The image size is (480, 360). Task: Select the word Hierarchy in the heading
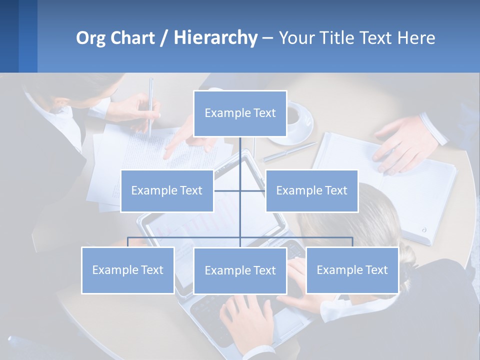coord(215,38)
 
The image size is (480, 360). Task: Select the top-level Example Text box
coord(240,113)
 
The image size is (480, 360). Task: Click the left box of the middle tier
coord(167,190)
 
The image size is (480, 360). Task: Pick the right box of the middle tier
coord(311,190)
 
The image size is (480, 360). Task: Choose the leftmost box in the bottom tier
coord(127,270)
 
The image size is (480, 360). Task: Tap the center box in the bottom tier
coord(240,270)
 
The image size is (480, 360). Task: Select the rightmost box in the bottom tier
coord(352,270)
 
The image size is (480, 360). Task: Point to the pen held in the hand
coord(150,105)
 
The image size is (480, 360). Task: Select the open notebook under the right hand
coord(390,185)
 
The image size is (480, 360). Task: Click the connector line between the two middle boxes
coord(240,190)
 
